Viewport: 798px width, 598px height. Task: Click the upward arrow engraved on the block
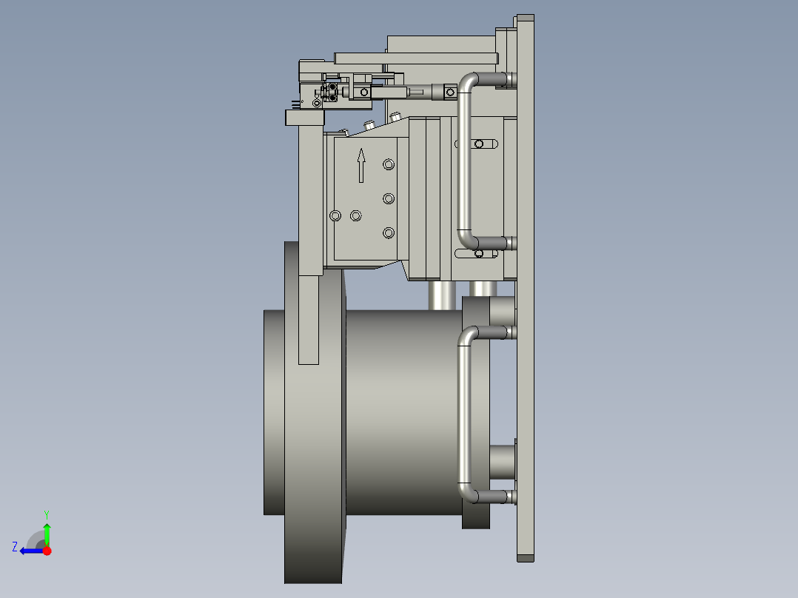tap(361, 165)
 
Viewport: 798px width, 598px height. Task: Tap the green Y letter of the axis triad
tap(46, 514)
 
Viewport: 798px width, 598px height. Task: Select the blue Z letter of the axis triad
tap(15, 547)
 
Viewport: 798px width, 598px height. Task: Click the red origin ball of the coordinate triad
tap(47, 550)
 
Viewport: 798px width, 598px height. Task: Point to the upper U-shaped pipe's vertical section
tap(464, 163)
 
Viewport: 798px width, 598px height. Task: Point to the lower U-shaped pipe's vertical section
tap(464, 414)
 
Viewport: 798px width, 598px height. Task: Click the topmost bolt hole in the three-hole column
tap(389, 164)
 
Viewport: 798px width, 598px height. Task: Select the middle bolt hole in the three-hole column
tap(389, 198)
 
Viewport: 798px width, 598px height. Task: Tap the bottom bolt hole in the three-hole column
tap(389, 232)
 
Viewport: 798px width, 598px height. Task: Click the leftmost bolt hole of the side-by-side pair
tap(335, 215)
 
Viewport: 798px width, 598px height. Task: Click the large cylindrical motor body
tap(400, 411)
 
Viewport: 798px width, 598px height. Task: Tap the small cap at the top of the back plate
tap(525, 18)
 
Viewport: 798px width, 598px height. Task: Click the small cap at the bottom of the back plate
tap(525, 557)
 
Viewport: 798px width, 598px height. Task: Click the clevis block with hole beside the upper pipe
tap(449, 91)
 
